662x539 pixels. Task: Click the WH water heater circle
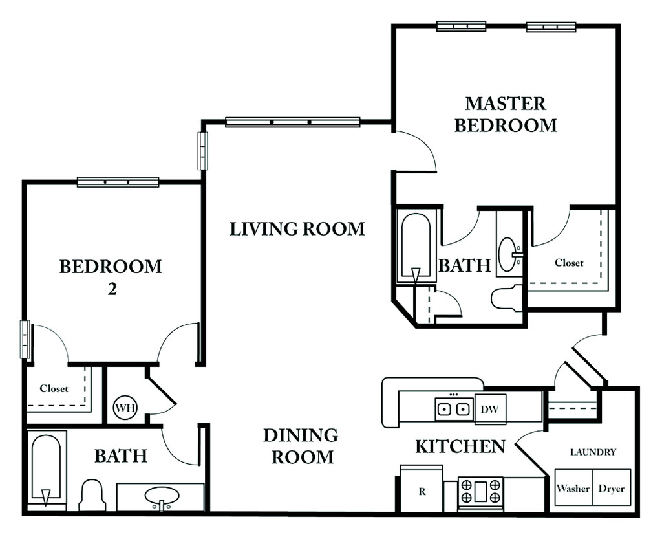(125, 408)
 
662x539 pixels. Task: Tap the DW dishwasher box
(490, 409)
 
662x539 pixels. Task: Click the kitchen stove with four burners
(480, 490)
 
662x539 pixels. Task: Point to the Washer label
(573, 489)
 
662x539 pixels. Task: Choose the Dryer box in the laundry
(612, 487)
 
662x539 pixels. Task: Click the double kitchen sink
(453, 409)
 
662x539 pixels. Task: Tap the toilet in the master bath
(507, 298)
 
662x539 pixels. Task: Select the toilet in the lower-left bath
(92, 494)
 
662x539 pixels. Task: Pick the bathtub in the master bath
(416, 247)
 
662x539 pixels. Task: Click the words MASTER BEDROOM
(506, 115)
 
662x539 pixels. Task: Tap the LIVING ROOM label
(297, 229)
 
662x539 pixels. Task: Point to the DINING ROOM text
(301, 446)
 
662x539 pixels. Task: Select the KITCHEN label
(460, 446)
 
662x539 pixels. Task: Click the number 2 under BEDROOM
(112, 289)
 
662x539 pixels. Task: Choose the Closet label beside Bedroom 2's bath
(54, 389)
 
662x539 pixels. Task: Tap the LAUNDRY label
(593, 452)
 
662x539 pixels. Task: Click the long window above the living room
(293, 122)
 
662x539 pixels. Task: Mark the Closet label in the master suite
(569, 263)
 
